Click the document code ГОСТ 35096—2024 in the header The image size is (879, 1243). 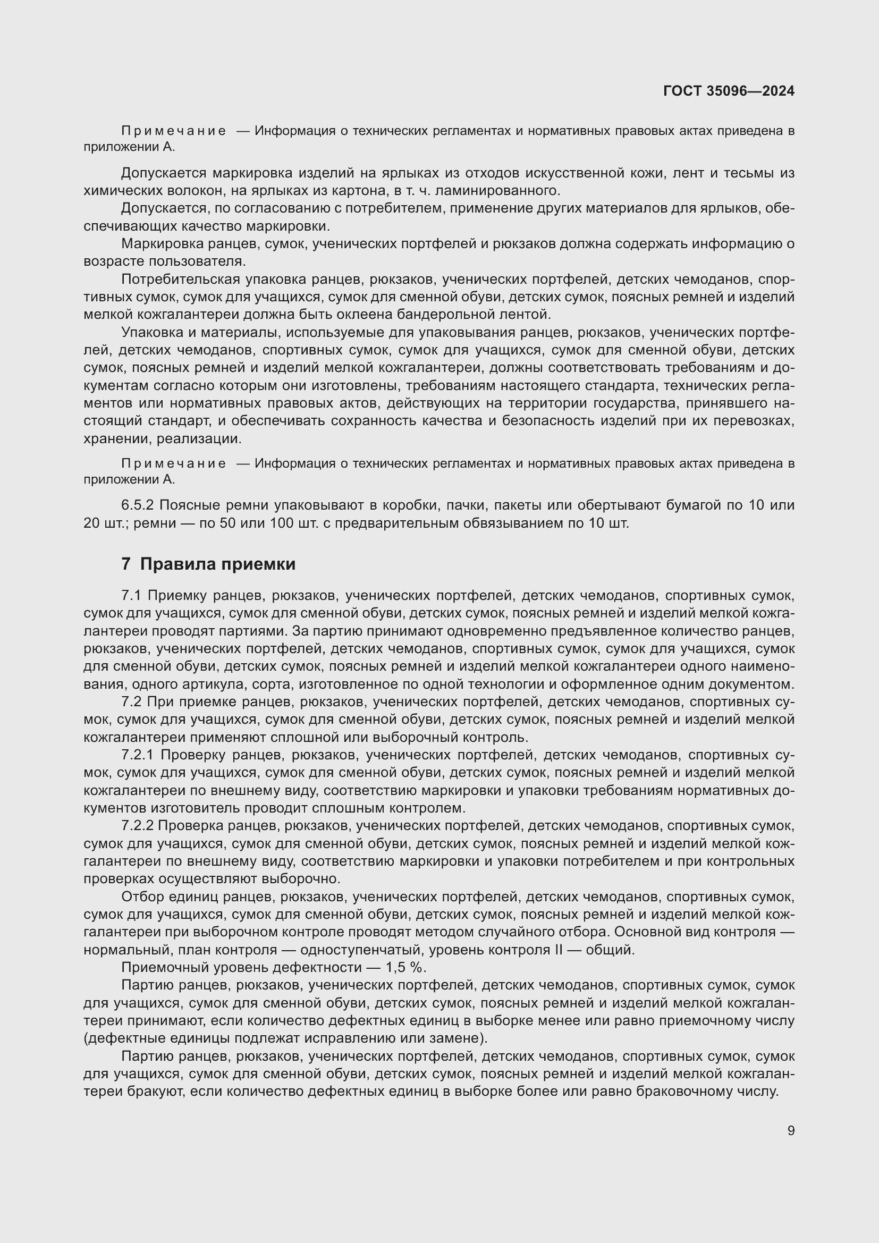pyautogui.click(x=729, y=91)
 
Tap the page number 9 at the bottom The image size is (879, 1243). pyautogui.click(x=791, y=1130)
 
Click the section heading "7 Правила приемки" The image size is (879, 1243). pyautogui.click(x=208, y=564)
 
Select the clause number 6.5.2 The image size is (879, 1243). pyautogui.click(x=138, y=505)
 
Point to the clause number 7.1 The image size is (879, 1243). pyautogui.click(x=131, y=596)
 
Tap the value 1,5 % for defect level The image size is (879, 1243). pyautogui.click(x=406, y=967)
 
